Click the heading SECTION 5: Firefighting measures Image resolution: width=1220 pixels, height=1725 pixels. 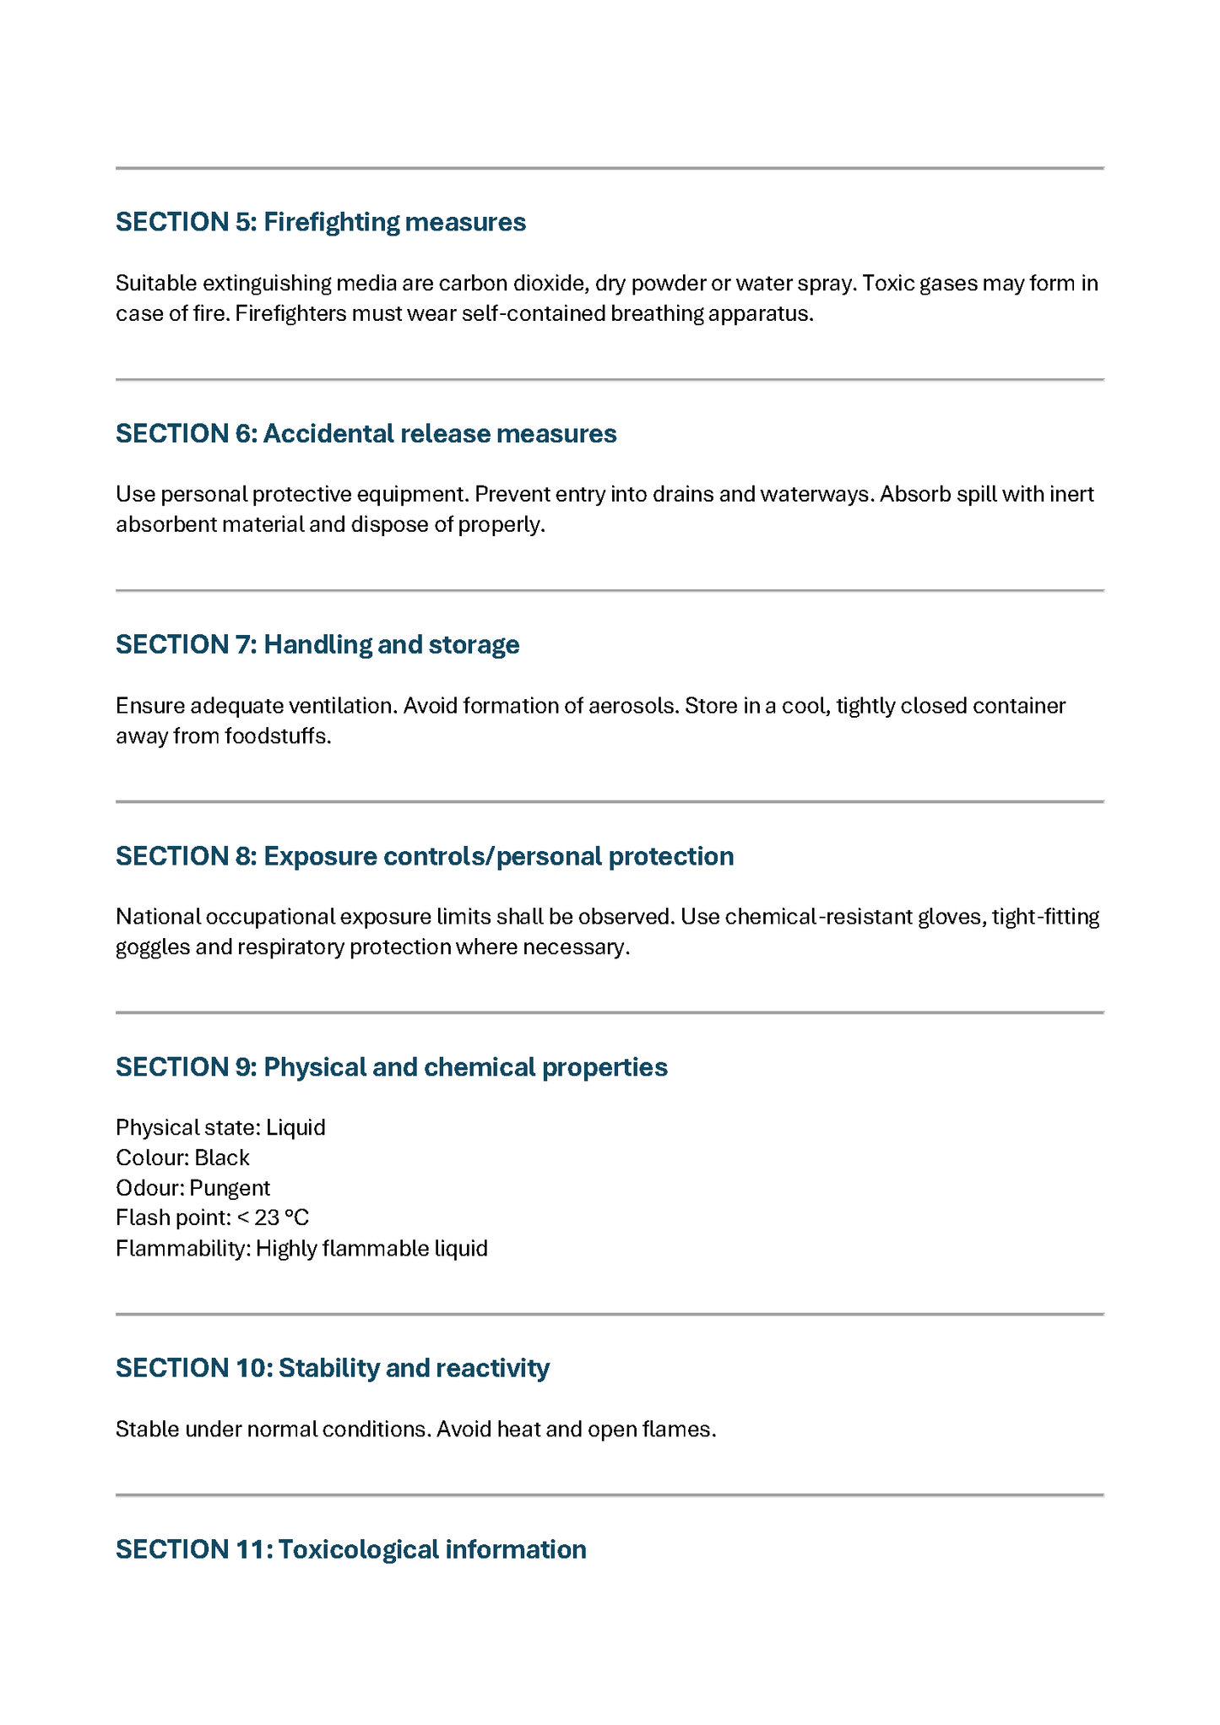click(321, 222)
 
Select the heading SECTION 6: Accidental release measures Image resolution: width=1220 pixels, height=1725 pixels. click(366, 434)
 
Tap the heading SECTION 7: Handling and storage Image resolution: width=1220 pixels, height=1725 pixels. click(317, 645)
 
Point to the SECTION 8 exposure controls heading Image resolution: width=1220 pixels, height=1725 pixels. click(425, 856)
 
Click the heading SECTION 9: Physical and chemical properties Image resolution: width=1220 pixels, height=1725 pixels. click(391, 1067)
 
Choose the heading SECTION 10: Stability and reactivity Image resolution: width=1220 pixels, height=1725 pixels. click(332, 1368)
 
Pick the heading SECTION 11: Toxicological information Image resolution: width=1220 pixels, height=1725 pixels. click(350, 1549)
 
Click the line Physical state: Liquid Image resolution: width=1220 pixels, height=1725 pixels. click(220, 1128)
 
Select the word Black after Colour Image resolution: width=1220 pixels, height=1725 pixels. click(222, 1158)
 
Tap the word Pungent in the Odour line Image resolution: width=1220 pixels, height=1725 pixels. click(230, 1188)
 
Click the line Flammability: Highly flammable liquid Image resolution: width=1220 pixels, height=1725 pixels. click(301, 1248)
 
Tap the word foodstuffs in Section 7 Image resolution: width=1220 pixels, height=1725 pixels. click(277, 736)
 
